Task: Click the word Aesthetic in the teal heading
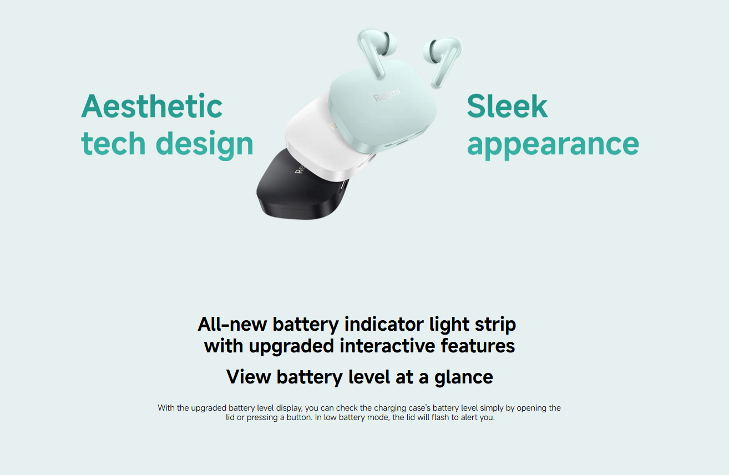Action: (x=152, y=106)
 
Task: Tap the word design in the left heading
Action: (x=204, y=145)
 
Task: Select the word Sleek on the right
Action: (x=508, y=106)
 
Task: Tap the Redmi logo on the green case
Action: (x=387, y=95)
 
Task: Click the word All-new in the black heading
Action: (x=232, y=324)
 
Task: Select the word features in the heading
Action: (x=478, y=345)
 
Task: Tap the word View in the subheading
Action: (x=249, y=377)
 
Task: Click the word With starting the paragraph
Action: (x=166, y=408)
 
